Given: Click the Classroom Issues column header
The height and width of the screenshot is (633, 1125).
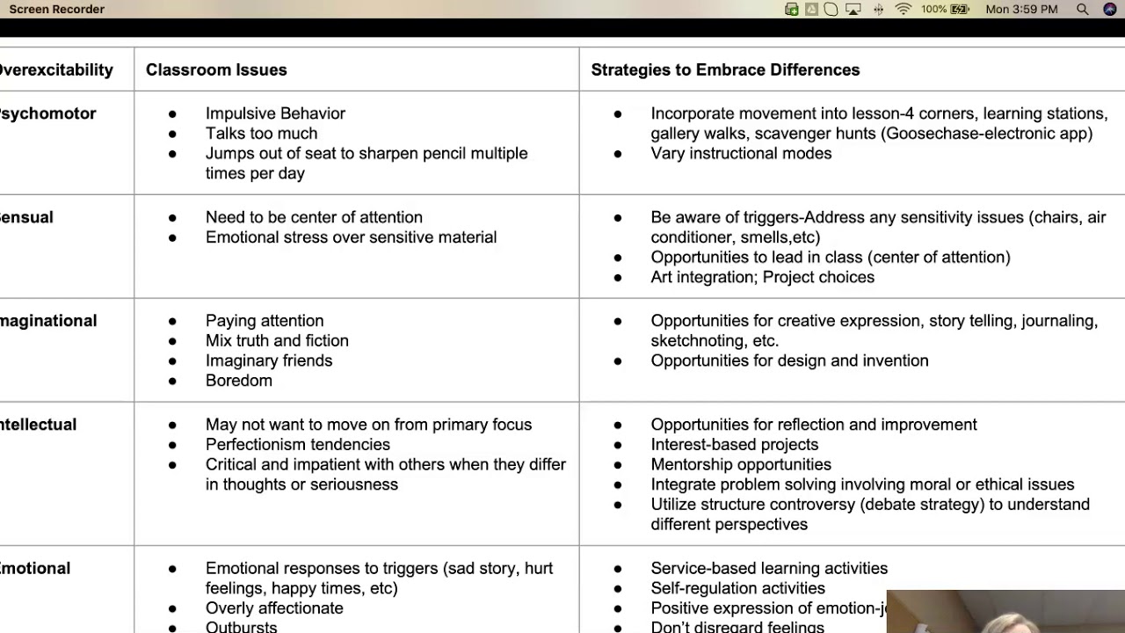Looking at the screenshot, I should point(216,69).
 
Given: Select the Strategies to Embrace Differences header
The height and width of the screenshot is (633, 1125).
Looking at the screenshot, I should point(725,69).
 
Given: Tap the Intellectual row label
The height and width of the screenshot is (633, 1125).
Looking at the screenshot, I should point(38,425).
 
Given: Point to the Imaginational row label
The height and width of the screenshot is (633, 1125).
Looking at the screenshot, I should point(48,321).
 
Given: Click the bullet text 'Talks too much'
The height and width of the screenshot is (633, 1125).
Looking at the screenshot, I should point(261,134).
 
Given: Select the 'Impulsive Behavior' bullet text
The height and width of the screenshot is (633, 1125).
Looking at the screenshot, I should point(275,113).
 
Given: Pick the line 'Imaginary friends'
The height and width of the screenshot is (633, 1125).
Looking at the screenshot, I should point(269,360).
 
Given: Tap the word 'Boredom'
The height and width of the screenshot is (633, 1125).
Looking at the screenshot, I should point(239,381).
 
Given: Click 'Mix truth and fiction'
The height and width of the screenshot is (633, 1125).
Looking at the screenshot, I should point(277,340).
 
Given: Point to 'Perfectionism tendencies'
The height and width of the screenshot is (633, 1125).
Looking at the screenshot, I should point(297,445).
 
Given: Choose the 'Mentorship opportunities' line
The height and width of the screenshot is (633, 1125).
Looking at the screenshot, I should point(740,464).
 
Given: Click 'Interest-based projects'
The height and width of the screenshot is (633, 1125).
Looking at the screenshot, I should point(734,445).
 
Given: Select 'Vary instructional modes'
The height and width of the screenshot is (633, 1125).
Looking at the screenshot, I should point(741,153).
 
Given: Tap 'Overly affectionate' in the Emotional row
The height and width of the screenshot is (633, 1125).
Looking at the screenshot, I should point(274,608).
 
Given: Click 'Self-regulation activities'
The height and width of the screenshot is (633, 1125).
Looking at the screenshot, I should point(737,588).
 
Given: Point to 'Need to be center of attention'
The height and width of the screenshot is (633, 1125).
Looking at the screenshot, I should point(314,217).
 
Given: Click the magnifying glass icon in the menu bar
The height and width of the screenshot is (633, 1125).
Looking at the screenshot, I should point(1083,10).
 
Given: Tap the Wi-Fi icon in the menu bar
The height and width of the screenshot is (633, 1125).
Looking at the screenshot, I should point(903,10).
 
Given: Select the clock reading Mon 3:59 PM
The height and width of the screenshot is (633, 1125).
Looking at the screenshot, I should point(1021,10).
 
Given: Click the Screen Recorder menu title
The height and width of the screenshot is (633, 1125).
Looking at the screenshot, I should point(56,10).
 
